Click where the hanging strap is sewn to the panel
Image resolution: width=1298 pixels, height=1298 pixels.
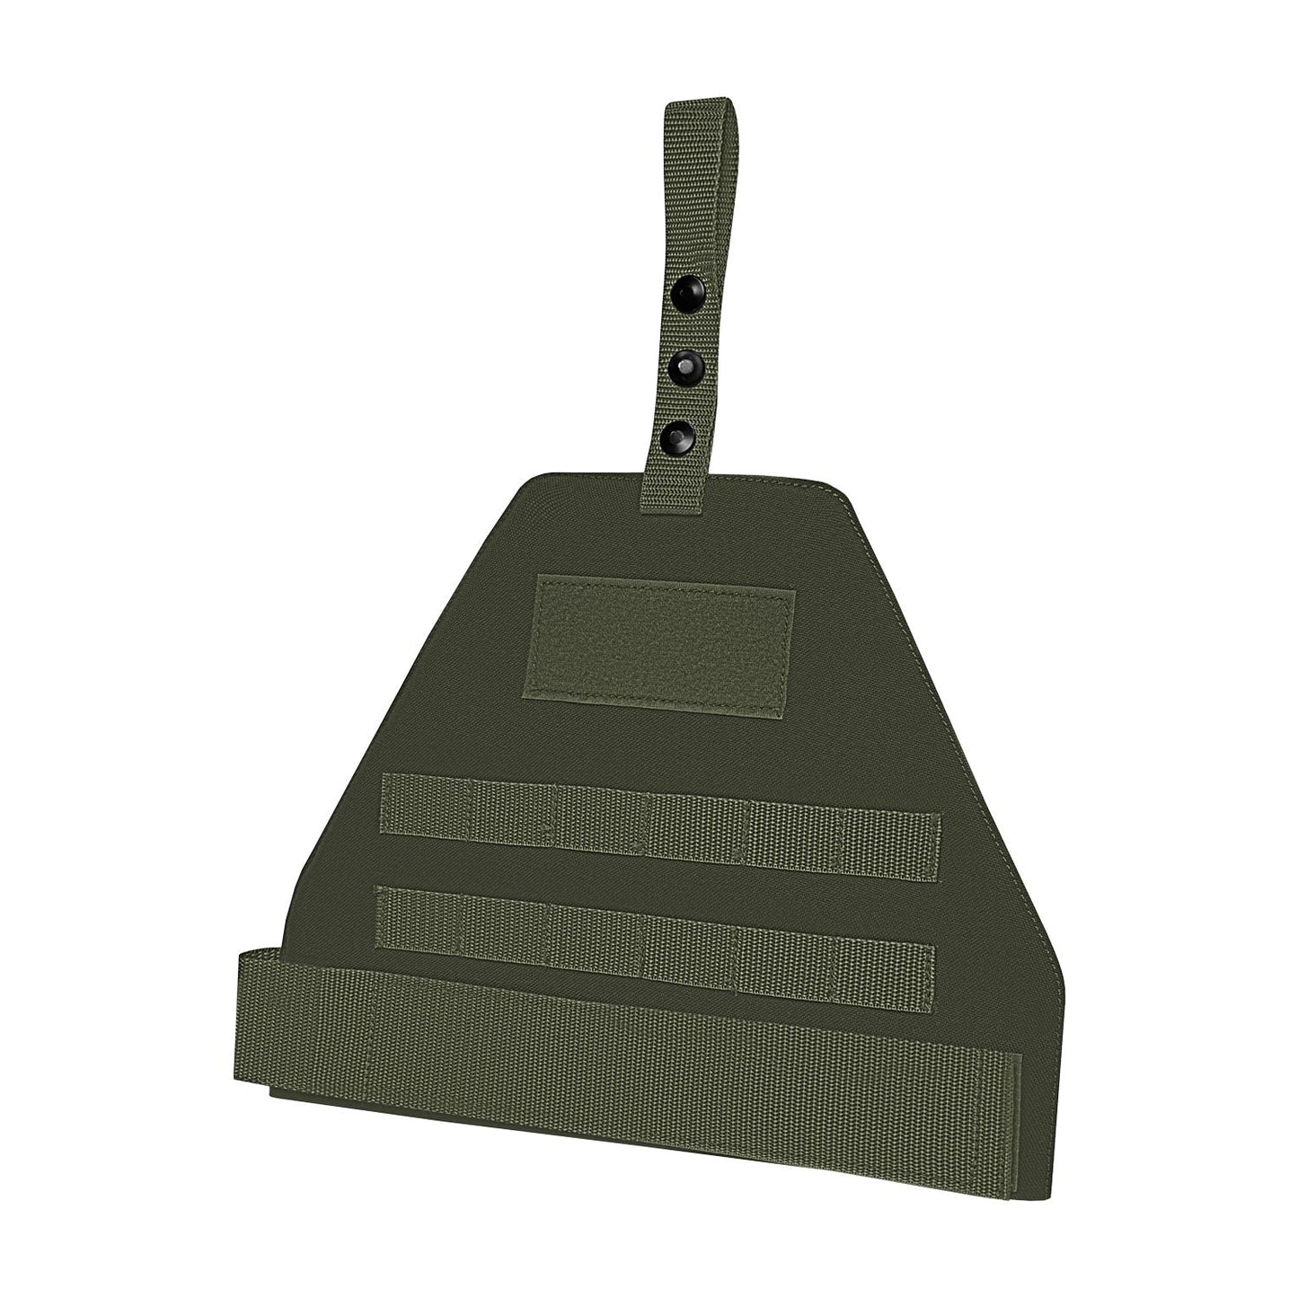tap(667, 494)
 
